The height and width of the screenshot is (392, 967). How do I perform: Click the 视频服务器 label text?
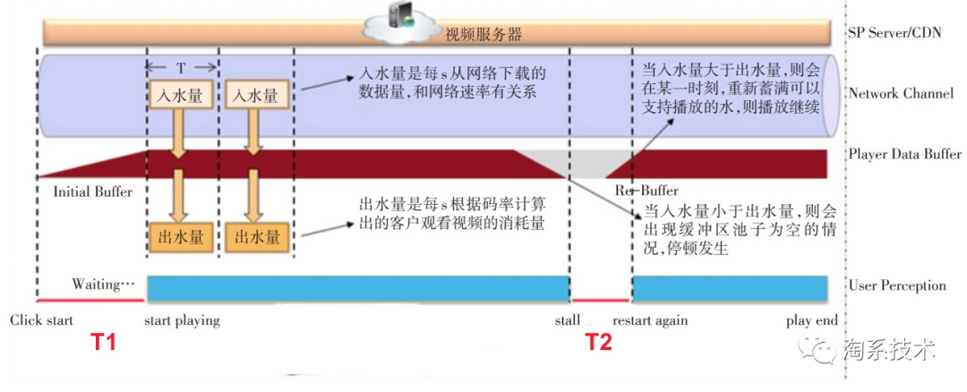coord(483,34)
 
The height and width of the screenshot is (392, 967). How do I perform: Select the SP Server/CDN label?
coord(894,32)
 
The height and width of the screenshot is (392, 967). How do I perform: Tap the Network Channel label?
coord(901,94)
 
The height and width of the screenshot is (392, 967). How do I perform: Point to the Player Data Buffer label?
coord(904,153)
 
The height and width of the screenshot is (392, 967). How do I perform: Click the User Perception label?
coord(897,285)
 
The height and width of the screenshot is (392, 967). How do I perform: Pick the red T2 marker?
coord(598,342)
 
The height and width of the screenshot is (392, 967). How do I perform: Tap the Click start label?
coord(41,320)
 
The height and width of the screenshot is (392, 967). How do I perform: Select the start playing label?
coord(181,321)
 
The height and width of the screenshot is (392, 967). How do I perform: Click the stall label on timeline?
coord(568,320)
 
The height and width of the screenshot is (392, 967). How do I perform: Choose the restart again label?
coord(650,321)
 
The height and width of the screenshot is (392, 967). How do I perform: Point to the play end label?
coord(812,321)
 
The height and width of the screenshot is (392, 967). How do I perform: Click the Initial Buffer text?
coord(93,192)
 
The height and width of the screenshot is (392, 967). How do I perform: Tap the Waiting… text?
coord(103,285)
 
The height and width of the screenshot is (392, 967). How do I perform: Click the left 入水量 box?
coord(177,96)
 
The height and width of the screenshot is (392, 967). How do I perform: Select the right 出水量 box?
coord(252,237)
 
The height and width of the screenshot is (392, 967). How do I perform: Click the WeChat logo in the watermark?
coord(817,351)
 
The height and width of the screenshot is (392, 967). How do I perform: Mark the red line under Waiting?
coord(91,300)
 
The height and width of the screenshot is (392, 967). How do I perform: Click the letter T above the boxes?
coord(180,66)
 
